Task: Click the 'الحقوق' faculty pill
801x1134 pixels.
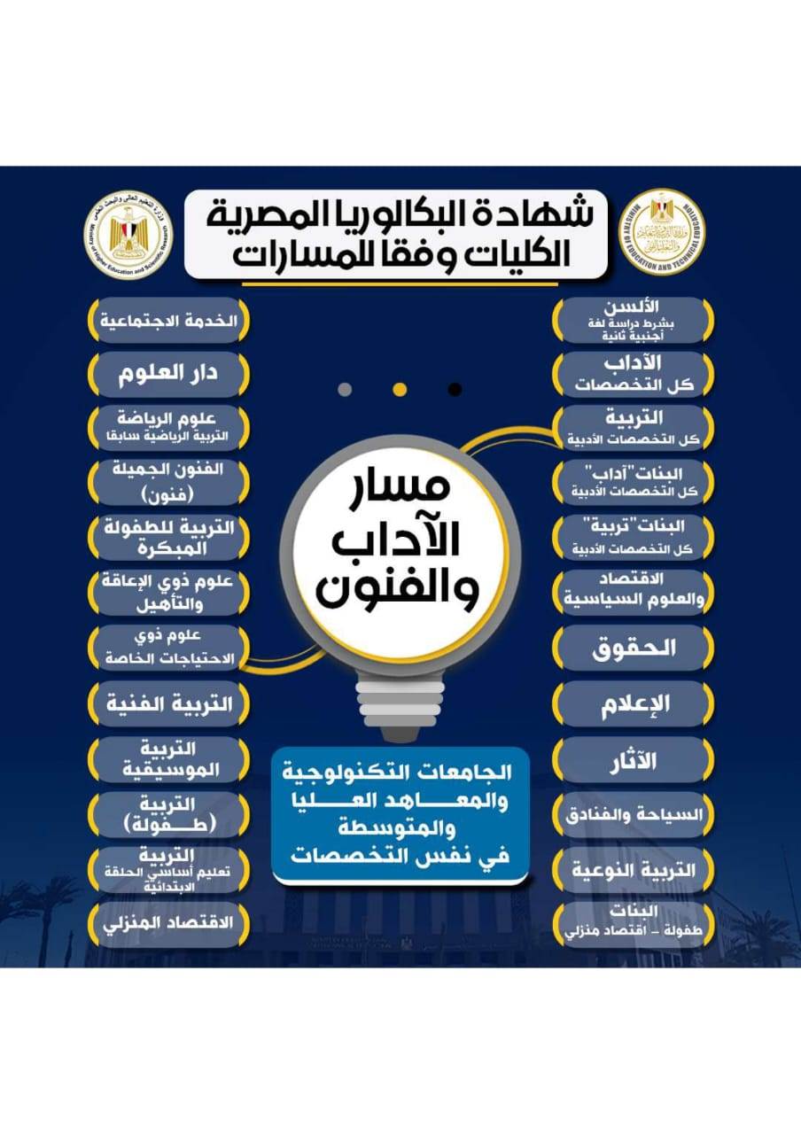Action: tap(633, 648)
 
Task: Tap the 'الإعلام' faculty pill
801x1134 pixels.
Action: tap(633, 703)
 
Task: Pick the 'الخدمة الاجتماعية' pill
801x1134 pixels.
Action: tap(168, 320)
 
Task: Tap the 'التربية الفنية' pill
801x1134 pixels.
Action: tap(168, 704)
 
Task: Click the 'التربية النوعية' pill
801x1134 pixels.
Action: tap(633, 870)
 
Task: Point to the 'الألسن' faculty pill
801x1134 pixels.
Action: tap(633, 320)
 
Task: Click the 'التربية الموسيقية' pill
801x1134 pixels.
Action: tap(168, 759)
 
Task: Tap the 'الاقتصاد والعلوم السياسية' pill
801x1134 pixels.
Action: tap(633, 593)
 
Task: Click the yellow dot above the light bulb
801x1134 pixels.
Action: tap(400, 389)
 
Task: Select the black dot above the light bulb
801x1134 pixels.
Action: tap(455, 389)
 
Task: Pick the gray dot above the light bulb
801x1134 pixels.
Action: tap(346, 389)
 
